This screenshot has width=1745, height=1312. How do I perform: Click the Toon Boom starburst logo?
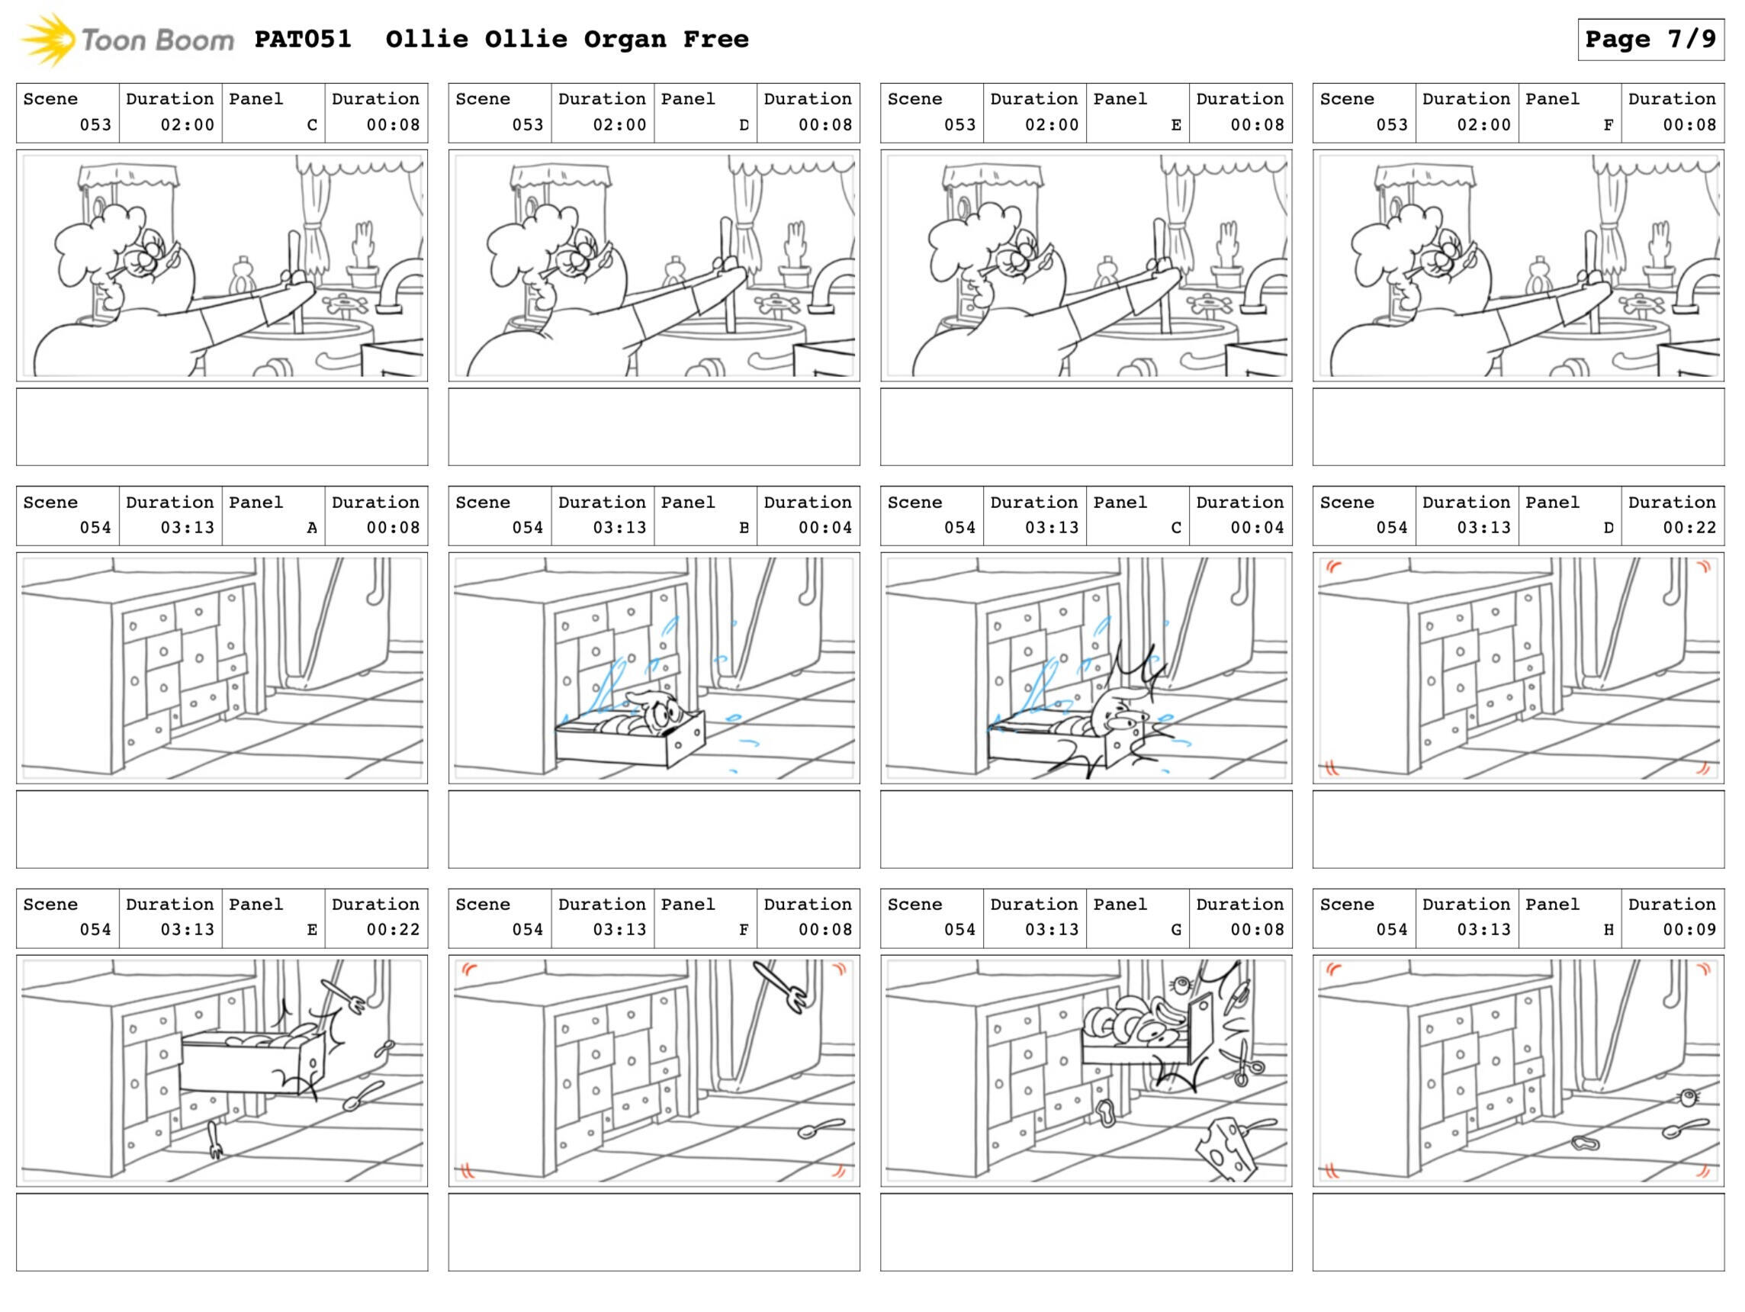47,40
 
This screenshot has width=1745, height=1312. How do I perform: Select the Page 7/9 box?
1650,40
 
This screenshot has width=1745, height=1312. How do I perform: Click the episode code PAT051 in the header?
303,40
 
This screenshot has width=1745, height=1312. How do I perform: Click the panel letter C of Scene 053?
313,124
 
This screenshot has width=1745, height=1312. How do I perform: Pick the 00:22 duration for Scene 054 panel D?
1690,527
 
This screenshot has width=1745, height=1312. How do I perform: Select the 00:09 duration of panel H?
1690,929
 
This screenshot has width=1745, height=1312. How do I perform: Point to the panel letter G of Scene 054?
1176,929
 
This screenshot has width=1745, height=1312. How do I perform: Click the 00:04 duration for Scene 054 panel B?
825,527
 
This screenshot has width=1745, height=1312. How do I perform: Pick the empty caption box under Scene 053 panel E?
1086,427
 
